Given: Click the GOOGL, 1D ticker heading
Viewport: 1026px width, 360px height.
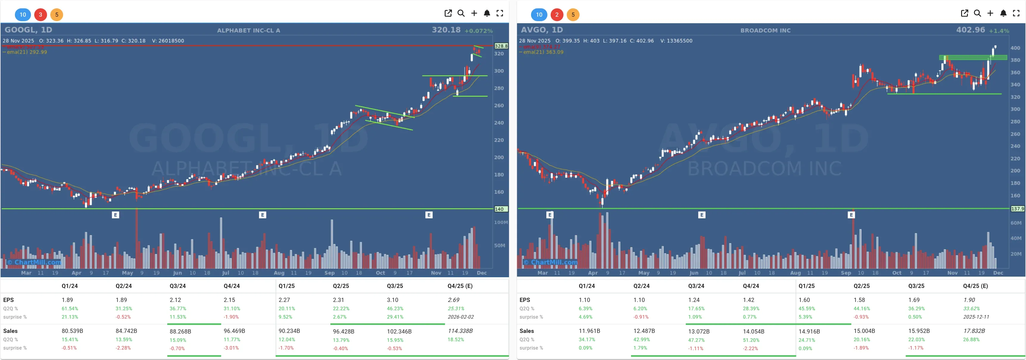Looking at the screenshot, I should pos(28,30).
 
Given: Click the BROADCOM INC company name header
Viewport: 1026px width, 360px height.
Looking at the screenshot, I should pos(765,30).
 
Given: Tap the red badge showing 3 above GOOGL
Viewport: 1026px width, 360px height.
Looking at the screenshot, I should pos(40,15).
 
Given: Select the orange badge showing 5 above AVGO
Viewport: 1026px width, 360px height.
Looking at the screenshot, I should pos(573,15).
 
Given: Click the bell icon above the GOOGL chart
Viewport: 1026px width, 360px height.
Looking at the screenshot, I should pos(487,13).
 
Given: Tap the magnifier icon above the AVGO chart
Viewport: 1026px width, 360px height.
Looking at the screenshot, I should pos(977,13).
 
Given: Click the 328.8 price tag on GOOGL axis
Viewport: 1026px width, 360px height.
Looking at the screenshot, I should pos(501,46).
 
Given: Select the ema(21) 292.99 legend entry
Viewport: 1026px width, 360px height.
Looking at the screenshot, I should pos(26,52).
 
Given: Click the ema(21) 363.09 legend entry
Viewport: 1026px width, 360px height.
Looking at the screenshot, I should pos(543,52).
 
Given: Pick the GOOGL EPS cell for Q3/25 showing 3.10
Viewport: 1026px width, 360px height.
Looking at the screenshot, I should pos(392,300).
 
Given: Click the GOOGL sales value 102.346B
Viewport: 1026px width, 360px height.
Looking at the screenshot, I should pos(399,331).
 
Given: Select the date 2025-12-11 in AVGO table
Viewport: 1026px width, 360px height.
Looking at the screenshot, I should pos(976,317).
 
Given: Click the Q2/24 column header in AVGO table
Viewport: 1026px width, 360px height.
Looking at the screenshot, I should pos(641,286).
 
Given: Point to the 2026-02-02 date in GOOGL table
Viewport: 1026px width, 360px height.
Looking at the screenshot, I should pos(460,317).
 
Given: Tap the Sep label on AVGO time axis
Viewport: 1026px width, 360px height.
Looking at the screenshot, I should pos(846,273).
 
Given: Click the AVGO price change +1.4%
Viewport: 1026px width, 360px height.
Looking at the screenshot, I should pos(999,31).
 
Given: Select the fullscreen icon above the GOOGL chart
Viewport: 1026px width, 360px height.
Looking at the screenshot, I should pos(499,13).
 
